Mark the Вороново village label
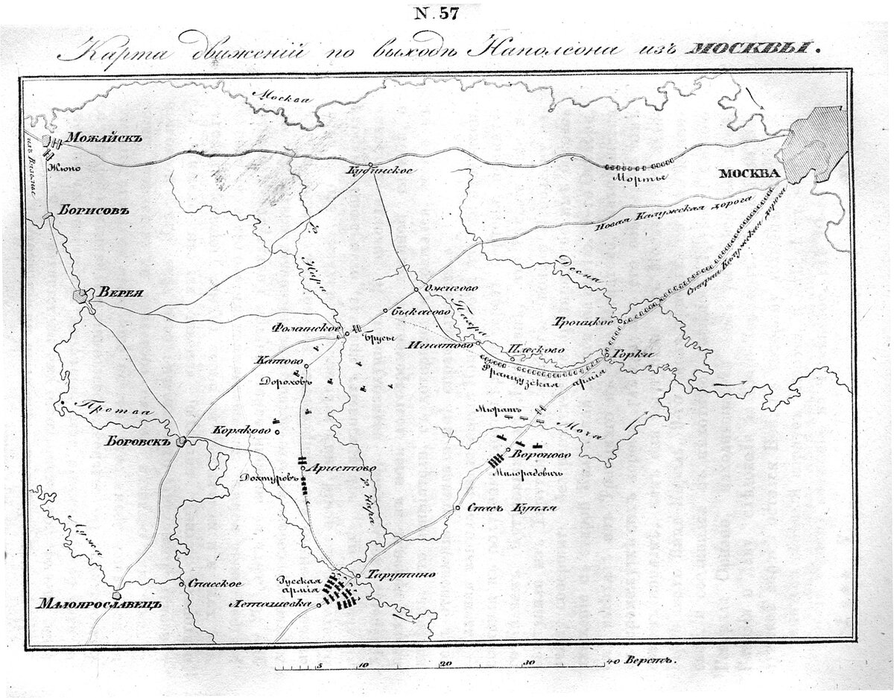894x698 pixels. pos(542,452)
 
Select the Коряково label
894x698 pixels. pos(241,430)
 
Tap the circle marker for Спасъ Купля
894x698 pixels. pos(457,509)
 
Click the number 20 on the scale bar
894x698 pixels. pos(445,661)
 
